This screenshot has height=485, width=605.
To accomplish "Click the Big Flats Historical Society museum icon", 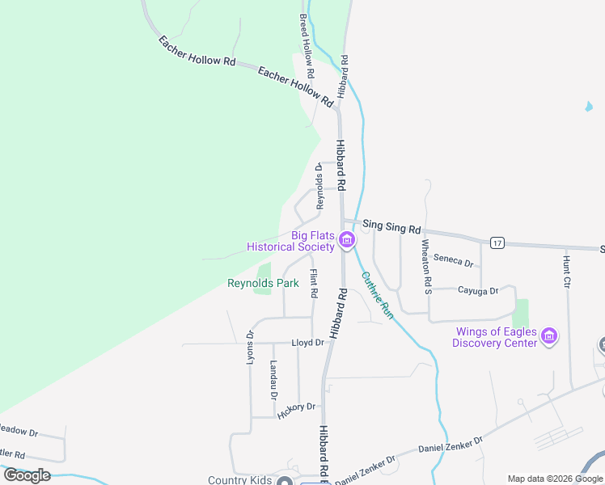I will (347, 240).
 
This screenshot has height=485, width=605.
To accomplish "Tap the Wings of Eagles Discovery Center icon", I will (549, 336).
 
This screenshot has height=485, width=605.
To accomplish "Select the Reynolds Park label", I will (263, 283).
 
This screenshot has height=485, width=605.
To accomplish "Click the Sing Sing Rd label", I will (391, 228).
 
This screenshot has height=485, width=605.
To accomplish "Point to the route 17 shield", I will (497, 242).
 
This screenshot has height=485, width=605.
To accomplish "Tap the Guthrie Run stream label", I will (376, 295).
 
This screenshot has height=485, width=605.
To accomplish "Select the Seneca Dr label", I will (453, 260).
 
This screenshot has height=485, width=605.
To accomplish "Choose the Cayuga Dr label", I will (475, 289).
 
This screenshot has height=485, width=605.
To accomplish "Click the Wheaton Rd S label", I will (425, 265).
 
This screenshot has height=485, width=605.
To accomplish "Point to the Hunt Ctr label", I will (567, 272).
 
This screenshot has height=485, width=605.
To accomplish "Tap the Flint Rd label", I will (314, 281).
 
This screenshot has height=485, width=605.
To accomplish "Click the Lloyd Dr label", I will (307, 343).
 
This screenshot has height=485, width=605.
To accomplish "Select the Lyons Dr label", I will (250, 346).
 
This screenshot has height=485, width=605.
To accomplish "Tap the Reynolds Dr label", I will (319, 187).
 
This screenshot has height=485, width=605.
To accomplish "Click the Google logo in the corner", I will (27, 475).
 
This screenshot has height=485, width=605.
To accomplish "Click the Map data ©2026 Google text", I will (555, 479).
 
